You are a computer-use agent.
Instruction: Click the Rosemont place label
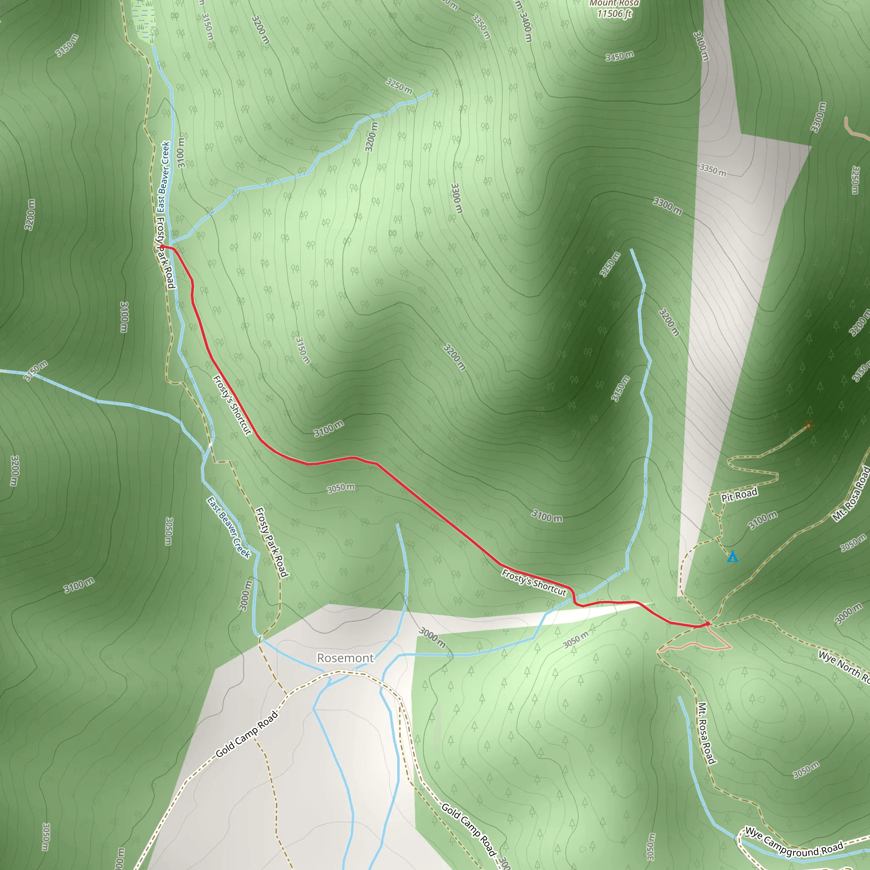345,658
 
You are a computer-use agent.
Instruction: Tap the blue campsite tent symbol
733,557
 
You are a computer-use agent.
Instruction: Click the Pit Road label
740,495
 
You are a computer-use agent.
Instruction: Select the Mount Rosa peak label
614,3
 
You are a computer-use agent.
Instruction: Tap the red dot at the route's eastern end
707,624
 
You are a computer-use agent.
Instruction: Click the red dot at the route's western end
162,246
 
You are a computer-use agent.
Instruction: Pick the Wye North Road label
843,667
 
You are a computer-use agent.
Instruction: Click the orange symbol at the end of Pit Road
808,425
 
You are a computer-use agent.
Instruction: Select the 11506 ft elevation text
614,14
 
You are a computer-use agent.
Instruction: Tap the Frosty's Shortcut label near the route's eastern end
534,583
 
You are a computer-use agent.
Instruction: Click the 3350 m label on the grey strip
713,170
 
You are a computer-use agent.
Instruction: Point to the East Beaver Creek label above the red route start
163,177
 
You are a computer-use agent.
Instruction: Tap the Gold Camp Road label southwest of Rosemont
247,734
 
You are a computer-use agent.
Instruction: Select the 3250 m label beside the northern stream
399,85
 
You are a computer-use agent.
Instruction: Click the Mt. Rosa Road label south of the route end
706,733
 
